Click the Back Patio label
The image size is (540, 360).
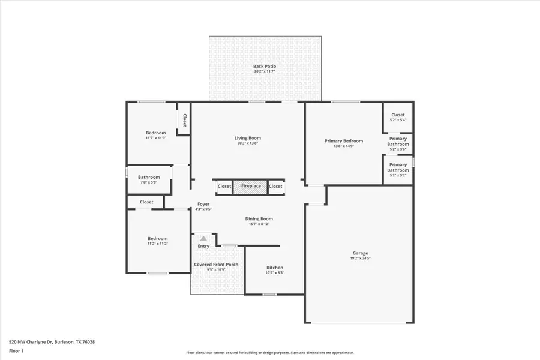point(265,69)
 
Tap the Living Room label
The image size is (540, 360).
point(248,140)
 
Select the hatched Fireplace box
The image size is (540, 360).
point(251,186)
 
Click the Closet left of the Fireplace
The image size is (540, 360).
point(224,186)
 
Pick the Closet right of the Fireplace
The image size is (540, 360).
point(275,186)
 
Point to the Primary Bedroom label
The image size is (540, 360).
point(344,143)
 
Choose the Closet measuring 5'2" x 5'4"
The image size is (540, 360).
point(398,117)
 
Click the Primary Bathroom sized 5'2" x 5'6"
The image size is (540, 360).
point(398,143)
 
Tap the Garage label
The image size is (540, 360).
point(360,256)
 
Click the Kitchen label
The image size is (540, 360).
point(275,270)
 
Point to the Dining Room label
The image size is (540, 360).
point(259,221)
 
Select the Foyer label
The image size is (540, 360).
point(203,206)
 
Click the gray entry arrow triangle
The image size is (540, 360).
point(203,238)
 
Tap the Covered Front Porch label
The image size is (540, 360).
point(216,267)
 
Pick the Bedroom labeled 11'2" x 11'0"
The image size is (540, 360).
point(156,135)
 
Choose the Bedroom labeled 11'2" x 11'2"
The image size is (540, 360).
point(158,241)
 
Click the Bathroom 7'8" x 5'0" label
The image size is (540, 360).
point(149,179)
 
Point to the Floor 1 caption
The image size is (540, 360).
point(16,350)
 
